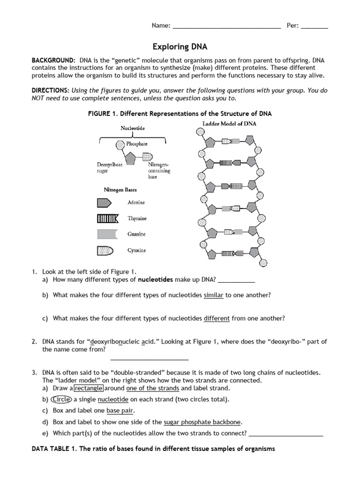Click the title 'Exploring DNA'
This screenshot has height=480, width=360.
coord(180,47)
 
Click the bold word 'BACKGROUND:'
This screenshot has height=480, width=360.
coord(53,61)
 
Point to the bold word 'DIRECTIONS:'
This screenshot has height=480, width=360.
coord(51,90)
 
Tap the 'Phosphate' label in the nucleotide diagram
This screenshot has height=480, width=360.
coord(136,144)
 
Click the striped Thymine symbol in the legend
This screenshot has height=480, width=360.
coord(108,218)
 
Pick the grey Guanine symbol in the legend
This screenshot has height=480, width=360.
coord(107,234)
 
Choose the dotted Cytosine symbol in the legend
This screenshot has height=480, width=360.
coord(105,250)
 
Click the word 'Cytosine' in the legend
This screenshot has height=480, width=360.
coord(137,250)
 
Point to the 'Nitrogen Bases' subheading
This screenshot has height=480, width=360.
coord(120,190)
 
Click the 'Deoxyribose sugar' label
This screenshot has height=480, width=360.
coord(110,168)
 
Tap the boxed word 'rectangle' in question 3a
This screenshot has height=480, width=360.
coord(90,388)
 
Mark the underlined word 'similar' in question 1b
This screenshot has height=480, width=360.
coord(214,295)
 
